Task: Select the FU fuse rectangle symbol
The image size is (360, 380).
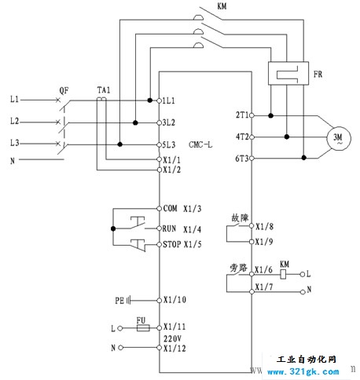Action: [x=143, y=327]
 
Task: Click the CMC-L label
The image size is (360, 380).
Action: [x=200, y=144]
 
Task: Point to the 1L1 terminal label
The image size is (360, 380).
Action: [x=168, y=100]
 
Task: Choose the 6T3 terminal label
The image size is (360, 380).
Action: [x=241, y=159]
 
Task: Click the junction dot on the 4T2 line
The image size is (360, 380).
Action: [x=287, y=137]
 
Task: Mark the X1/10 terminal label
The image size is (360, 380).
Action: [x=174, y=300]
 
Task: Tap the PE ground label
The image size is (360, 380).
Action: [x=119, y=300]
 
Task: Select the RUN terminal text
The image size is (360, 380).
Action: [x=169, y=228]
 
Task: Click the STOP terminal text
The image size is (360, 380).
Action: [x=172, y=244]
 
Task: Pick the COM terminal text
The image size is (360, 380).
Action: [x=170, y=208]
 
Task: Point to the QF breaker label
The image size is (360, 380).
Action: [x=64, y=91]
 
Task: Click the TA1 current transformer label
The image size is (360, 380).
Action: [x=104, y=90]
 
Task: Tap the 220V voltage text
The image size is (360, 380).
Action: [x=172, y=338]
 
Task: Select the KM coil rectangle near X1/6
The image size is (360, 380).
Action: [x=283, y=274]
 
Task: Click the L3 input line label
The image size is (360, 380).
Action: [x=15, y=143]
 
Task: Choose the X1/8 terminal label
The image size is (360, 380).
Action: [x=264, y=226]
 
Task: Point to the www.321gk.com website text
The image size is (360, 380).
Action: [x=303, y=371]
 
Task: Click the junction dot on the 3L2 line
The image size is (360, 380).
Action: [x=135, y=122]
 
